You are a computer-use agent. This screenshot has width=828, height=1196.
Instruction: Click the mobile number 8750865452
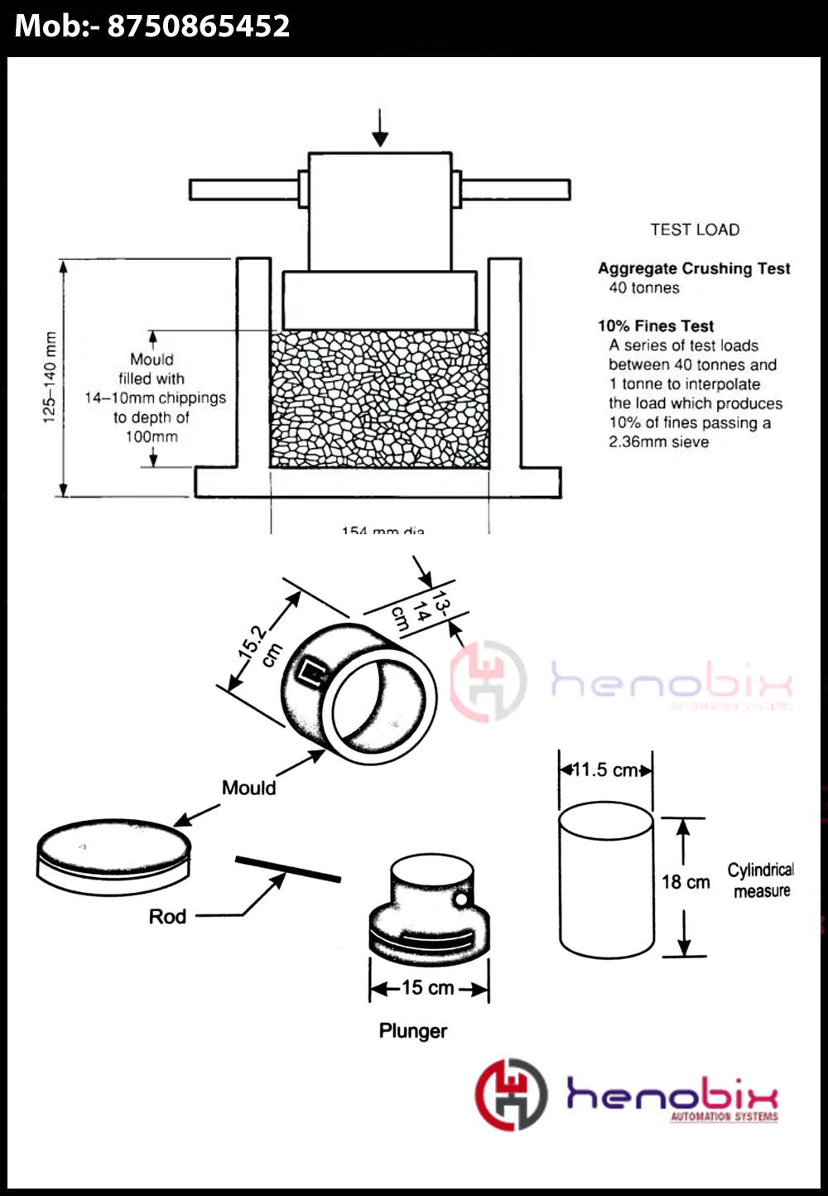coord(199,26)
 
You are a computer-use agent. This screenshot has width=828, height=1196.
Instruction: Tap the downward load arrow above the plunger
coord(379,128)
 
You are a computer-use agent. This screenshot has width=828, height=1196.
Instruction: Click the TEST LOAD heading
coord(695,229)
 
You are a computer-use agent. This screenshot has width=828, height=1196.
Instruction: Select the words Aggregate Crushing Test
coord(694,268)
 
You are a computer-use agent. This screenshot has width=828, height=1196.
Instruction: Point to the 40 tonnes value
coord(644,288)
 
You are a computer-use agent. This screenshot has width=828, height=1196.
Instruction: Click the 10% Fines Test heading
coord(656,326)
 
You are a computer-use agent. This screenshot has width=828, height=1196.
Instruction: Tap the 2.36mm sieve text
coord(659,442)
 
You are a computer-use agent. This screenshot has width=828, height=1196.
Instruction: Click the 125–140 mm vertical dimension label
coord(51,378)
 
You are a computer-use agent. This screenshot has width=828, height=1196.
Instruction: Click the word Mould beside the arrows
coord(248,788)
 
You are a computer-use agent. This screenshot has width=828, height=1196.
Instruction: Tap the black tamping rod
coord(287,869)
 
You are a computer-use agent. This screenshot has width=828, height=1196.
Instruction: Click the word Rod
coord(167,916)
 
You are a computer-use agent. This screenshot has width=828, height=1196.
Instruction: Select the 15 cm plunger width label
coord(428,987)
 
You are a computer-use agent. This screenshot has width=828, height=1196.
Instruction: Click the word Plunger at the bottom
coord(413,1031)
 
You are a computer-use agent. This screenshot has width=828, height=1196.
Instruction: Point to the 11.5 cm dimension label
coord(605,769)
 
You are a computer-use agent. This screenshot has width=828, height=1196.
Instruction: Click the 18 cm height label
coord(686,882)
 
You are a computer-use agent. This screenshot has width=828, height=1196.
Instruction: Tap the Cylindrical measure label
coord(761,880)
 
